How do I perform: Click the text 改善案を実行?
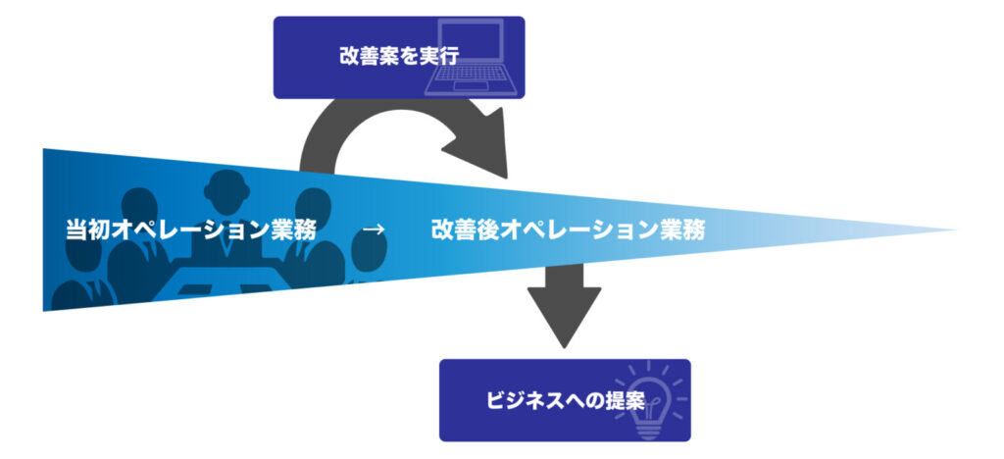point(384,56)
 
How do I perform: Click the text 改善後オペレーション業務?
point(567,230)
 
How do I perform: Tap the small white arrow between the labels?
point(373,230)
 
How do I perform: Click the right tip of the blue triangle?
point(953,231)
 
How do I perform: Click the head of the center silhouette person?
point(226,186)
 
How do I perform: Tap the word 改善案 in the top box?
point(358,56)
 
